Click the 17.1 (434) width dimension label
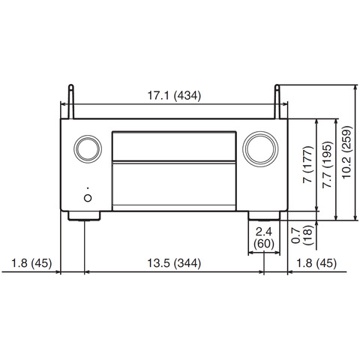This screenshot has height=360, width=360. (x=174, y=95)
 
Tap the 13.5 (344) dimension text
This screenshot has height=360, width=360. (x=174, y=263)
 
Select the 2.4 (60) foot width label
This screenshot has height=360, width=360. (x=264, y=238)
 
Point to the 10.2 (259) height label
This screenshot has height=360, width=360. (x=347, y=152)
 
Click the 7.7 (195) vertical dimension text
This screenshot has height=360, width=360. (x=327, y=164)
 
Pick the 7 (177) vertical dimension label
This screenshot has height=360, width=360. (x=307, y=164)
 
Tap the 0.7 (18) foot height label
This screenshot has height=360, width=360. (x=302, y=235)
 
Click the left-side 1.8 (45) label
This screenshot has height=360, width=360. (x=31, y=263)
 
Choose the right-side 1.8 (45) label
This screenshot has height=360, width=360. (x=316, y=263)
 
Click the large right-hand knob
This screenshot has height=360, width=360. (x=260, y=149)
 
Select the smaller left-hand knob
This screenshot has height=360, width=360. (x=88, y=149)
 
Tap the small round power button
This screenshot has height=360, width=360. (x=88, y=198)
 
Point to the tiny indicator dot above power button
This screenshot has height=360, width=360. (x=88, y=188)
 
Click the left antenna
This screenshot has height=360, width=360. (x=71, y=101)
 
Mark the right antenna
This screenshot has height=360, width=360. (x=277, y=101)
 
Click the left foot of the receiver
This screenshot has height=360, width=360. (x=84, y=216)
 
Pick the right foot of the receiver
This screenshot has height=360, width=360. (x=264, y=216)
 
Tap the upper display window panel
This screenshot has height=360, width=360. (x=174, y=146)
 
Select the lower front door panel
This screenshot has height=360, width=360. (x=174, y=186)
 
